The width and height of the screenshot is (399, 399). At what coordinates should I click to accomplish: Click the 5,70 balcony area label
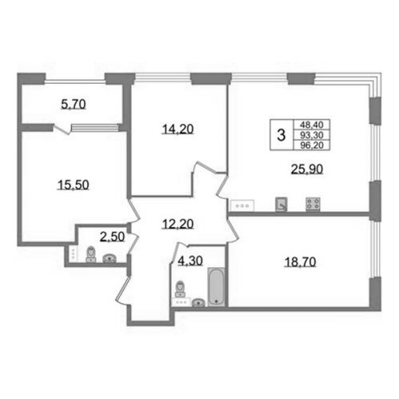(73, 104)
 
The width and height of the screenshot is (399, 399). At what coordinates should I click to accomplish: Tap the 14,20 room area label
(178, 129)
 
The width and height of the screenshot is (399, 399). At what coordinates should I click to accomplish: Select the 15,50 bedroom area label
(73, 184)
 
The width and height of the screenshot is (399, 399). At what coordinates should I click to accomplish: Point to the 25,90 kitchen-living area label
(307, 168)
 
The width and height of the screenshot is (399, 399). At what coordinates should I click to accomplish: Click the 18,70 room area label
(300, 263)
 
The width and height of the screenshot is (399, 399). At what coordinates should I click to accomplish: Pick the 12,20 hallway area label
(178, 224)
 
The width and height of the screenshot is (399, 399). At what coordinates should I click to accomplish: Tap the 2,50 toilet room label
(113, 236)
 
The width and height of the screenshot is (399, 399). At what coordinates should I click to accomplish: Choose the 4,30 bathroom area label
(191, 261)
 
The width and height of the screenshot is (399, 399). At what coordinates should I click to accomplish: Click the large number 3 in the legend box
(281, 135)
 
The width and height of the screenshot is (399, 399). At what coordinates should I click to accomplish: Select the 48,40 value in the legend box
(311, 124)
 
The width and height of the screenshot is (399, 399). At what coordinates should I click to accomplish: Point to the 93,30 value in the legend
(311, 136)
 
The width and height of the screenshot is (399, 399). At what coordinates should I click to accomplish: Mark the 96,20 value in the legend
(311, 145)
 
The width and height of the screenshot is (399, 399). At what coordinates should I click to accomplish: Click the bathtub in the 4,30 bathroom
(215, 287)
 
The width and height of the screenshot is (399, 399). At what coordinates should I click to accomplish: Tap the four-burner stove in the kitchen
(313, 204)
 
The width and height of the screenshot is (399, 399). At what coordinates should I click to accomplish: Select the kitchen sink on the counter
(282, 204)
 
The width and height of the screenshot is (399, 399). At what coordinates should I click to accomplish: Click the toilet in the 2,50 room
(91, 254)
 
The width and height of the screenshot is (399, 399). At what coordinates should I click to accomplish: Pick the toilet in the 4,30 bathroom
(181, 289)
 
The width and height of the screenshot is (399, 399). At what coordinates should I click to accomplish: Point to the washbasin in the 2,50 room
(110, 258)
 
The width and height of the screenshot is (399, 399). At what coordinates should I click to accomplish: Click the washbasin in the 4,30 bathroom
(199, 302)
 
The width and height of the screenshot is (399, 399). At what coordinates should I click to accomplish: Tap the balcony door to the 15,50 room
(61, 129)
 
